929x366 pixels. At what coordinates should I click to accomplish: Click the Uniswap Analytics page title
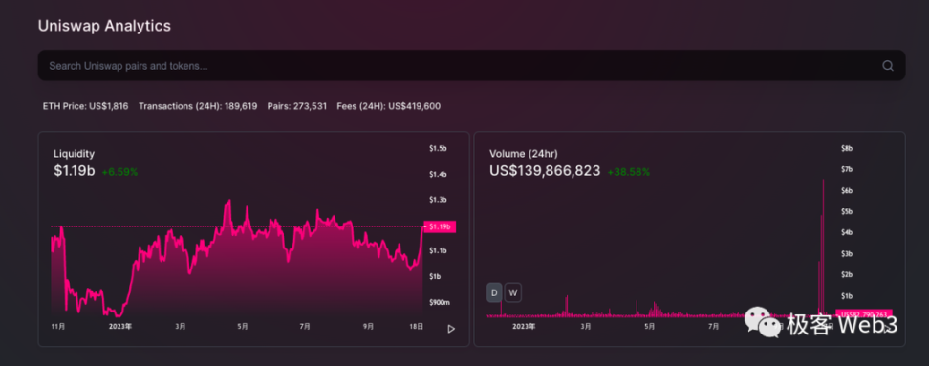tap(105, 26)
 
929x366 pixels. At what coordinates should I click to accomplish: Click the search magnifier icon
tap(887, 66)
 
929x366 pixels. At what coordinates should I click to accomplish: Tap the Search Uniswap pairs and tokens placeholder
tap(128, 66)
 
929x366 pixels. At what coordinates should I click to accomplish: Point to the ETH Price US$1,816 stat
tap(86, 106)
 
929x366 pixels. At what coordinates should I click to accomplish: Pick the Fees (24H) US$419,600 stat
tap(388, 106)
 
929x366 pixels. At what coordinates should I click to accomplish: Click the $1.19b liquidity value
tap(75, 171)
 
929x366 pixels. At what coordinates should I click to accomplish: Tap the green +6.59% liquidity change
tap(119, 172)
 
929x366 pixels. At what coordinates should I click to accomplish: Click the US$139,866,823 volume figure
tap(545, 171)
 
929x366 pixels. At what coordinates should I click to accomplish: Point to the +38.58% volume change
tap(628, 172)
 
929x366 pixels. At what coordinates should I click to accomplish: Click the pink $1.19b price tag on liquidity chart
tap(440, 226)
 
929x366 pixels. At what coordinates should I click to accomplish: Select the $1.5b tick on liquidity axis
tap(438, 149)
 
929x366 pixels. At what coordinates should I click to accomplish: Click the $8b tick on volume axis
tap(847, 149)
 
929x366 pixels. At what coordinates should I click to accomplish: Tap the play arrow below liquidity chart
tap(451, 329)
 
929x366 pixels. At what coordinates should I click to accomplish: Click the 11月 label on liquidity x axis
tap(57, 326)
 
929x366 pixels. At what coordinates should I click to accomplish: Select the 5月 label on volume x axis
tap(649, 326)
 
